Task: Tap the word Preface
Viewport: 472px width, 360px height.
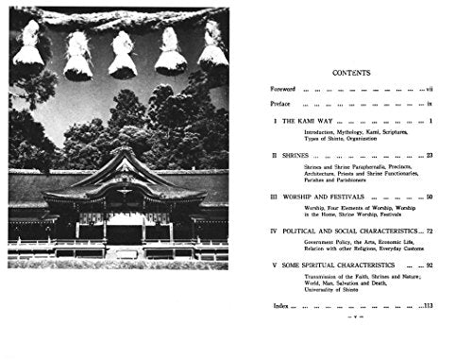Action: pos(283,105)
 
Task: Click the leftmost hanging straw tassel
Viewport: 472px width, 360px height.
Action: pos(29,49)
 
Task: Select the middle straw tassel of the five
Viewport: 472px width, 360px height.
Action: pos(123,55)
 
